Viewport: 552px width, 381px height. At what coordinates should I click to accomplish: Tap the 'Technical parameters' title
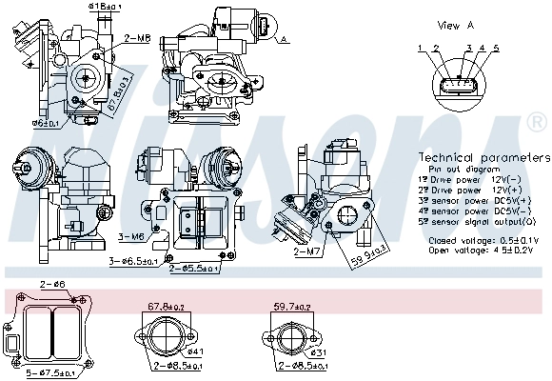pyautogui.click(x=483, y=157)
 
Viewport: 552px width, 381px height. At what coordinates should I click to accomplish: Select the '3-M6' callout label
pyautogui.click(x=130, y=235)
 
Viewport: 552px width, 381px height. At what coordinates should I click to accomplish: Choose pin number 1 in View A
pyautogui.click(x=420, y=47)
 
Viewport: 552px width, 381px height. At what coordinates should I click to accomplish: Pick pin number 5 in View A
pyautogui.click(x=495, y=47)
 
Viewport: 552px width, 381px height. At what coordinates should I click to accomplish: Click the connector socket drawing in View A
pyautogui.click(x=457, y=84)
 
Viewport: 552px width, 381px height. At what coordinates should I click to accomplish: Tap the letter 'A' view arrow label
pyautogui.click(x=284, y=39)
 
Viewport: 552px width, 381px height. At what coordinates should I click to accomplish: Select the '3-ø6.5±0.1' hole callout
pyautogui.click(x=136, y=259)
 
